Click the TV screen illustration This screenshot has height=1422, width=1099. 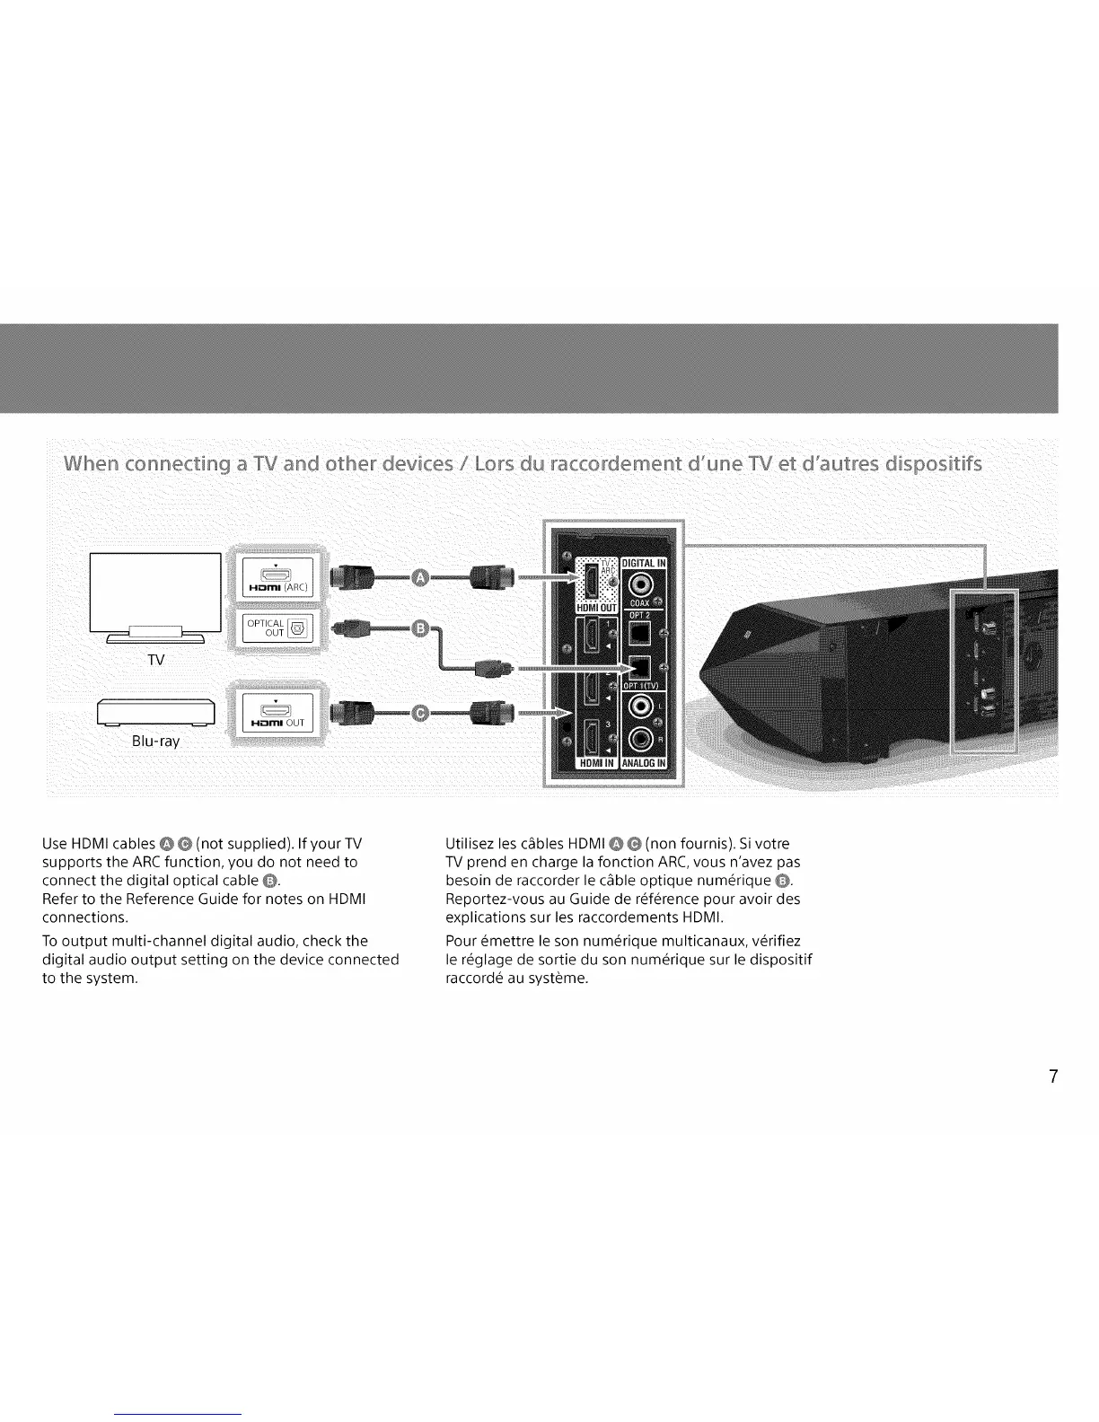click(155, 592)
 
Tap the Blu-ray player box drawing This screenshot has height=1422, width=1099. click(155, 712)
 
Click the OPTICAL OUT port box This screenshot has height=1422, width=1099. click(272, 628)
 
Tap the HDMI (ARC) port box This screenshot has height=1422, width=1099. click(272, 577)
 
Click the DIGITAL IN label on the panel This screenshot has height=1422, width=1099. click(644, 563)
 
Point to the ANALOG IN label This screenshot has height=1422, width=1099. click(644, 764)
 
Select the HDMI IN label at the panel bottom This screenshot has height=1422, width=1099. click(595, 764)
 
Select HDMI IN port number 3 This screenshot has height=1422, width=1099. click(593, 735)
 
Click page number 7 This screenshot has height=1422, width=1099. click(1053, 1077)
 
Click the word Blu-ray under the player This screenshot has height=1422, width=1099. click(155, 742)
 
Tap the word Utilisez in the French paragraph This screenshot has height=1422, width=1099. click(470, 844)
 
